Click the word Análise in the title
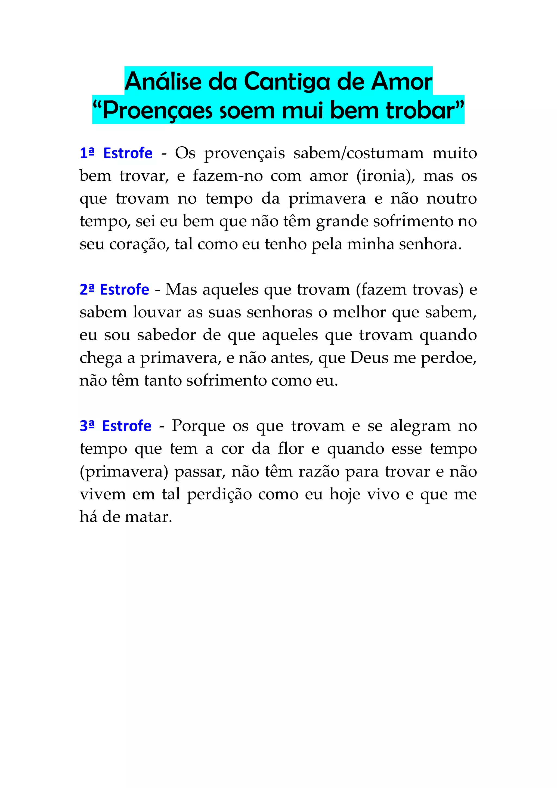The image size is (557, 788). [x=163, y=82]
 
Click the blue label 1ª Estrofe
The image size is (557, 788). [x=116, y=153]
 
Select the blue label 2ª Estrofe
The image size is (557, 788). [x=114, y=289]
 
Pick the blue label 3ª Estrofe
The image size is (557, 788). [x=115, y=426]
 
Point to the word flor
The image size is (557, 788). [x=291, y=449]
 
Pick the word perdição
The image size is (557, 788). [x=219, y=494]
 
